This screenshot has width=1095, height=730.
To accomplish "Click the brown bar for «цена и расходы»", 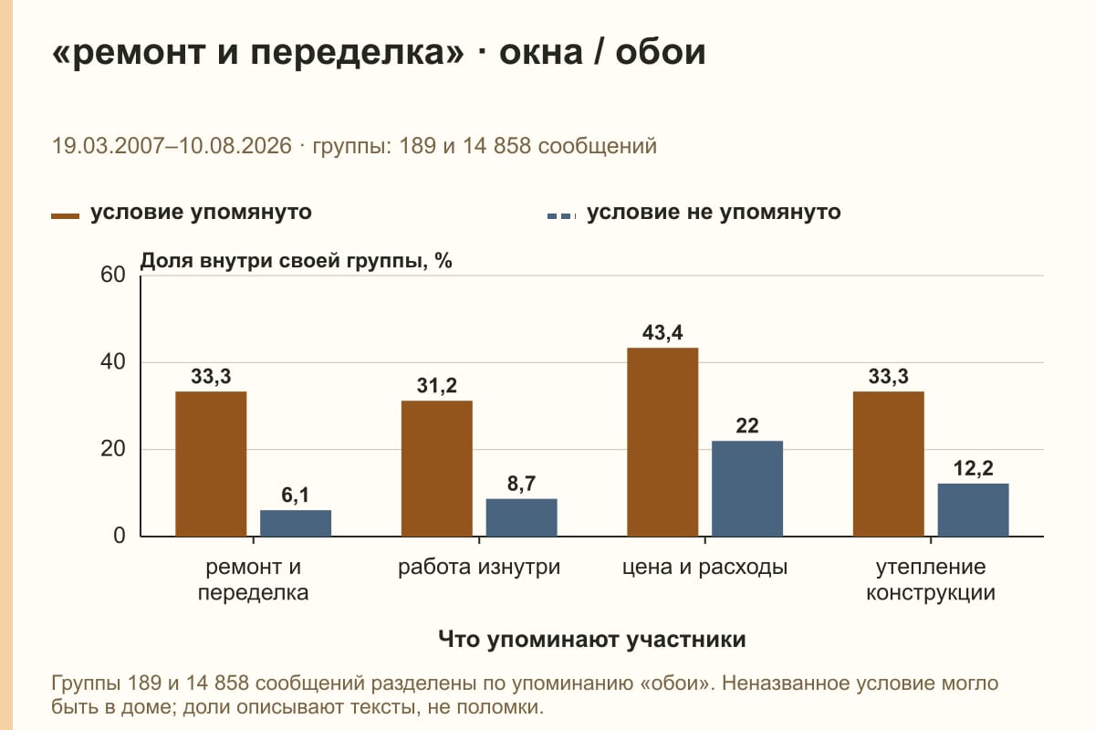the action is (x=662, y=442).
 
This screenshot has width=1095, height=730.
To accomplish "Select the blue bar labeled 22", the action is (x=747, y=488).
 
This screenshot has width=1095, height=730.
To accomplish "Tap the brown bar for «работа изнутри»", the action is (x=437, y=468).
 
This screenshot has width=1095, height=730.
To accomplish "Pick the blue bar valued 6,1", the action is (x=296, y=523).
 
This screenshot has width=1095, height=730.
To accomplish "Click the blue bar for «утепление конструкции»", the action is (x=973, y=510).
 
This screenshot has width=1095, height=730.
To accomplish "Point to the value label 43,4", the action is (x=662, y=332).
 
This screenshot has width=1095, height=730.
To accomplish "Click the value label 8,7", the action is (x=521, y=484).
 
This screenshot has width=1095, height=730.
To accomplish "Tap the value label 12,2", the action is (x=973, y=468).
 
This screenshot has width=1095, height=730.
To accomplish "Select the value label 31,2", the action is (x=437, y=386).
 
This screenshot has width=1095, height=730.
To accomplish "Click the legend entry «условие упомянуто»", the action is (x=182, y=213).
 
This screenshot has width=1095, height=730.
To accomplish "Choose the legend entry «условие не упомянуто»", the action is (x=694, y=213).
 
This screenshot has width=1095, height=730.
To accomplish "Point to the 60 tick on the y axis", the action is (x=113, y=275).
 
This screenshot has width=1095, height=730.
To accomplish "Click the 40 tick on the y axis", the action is (x=113, y=362).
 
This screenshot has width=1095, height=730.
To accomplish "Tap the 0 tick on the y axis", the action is (x=120, y=536).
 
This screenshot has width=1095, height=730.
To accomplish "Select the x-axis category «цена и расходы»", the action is (x=704, y=568).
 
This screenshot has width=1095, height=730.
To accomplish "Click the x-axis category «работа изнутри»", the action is (x=479, y=568).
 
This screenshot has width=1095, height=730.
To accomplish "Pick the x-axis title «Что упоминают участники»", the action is (x=592, y=639).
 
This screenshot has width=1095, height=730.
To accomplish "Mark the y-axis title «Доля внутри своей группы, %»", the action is (x=297, y=261).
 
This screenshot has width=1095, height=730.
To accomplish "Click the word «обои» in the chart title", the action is (x=661, y=52).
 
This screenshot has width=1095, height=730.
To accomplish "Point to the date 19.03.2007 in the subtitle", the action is (x=108, y=146).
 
